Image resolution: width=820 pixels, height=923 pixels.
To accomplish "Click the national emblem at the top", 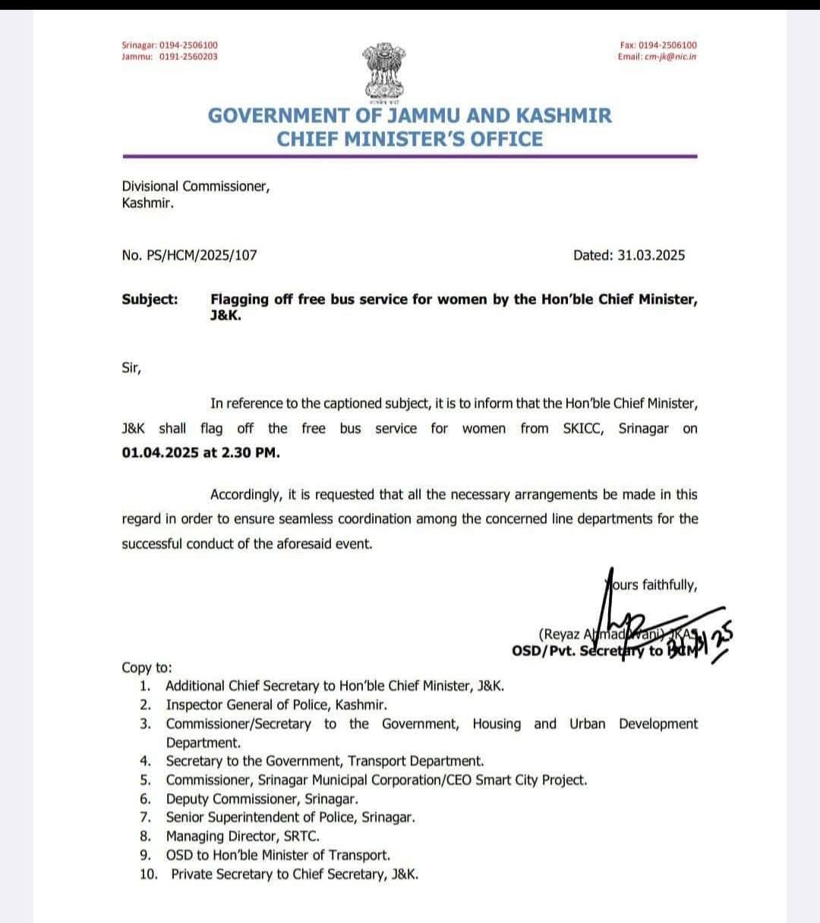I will tap(386, 71).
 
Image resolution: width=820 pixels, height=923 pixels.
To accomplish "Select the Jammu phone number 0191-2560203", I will tap(188, 56).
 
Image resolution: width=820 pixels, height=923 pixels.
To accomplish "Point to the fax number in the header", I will tap(667, 46).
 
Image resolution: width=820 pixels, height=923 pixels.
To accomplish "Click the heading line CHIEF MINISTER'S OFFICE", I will tap(410, 139).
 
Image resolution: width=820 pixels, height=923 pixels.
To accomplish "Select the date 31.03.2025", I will tap(651, 255).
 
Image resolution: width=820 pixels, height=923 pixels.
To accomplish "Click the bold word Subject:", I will tap(150, 299).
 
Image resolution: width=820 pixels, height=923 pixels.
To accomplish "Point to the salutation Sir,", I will tap(131, 367).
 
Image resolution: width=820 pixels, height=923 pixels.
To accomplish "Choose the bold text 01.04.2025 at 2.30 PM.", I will tap(200, 453).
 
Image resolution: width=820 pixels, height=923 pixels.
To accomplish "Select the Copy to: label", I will tap(147, 668).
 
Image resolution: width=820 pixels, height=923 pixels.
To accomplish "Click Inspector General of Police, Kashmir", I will tap(276, 704).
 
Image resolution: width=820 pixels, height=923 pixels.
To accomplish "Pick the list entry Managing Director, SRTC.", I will tap(242, 836).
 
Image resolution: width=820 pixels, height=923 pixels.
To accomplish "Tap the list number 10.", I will tap(149, 874).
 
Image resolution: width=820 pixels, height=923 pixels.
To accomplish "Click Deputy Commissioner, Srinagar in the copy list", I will tap(261, 799).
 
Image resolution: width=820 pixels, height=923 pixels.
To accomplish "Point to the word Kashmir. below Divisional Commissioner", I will tap(147, 203).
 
